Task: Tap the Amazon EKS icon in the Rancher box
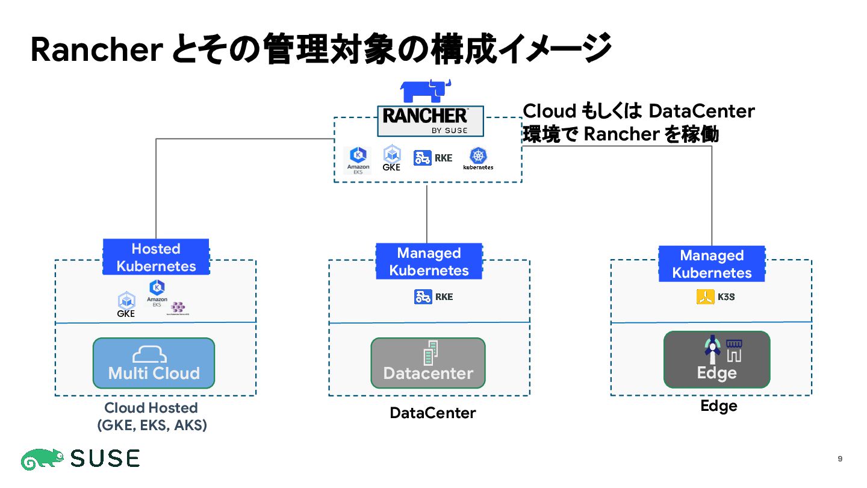click(x=358, y=160)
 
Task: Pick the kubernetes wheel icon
click(x=478, y=158)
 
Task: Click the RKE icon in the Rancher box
click(x=433, y=158)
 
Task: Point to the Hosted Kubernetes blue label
click(x=156, y=257)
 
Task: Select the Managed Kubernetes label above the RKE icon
click(x=429, y=261)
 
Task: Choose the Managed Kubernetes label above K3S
click(x=712, y=264)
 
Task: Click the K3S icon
click(x=715, y=296)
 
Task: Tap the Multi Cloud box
click(x=154, y=363)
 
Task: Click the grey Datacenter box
click(x=427, y=363)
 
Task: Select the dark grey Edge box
click(x=716, y=360)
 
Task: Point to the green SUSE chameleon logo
click(x=43, y=459)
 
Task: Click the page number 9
click(x=840, y=459)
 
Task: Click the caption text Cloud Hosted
click(x=151, y=408)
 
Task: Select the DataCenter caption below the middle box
click(x=432, y=413)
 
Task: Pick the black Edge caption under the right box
click(x=718, y=406)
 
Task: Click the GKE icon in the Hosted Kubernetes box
click(x=126, y=305)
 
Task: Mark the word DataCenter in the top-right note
click(x=701, y=111)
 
